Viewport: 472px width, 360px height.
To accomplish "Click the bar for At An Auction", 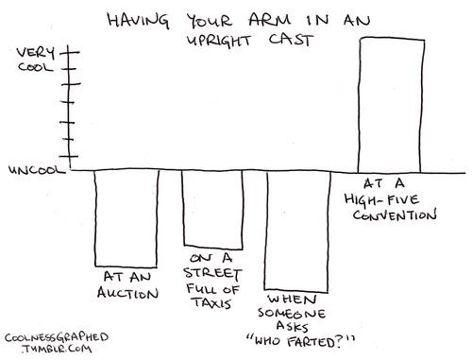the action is [126, 218].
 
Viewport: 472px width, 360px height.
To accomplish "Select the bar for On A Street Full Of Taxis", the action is [213, 210].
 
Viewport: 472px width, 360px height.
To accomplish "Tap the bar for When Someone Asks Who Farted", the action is [297, 231].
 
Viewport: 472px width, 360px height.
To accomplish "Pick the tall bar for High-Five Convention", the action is [391, 105].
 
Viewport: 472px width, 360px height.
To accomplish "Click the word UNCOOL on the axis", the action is [37, 170].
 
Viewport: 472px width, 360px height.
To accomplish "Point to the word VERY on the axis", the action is [36, 53].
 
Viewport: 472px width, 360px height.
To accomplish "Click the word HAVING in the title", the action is [138, 21].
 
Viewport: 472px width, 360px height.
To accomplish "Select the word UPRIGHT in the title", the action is [219, 41].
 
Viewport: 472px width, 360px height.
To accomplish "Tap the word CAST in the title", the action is [291, 40].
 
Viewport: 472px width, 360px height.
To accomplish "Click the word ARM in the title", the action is [269, 20].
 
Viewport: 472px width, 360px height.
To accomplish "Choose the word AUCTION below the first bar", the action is [127, 293].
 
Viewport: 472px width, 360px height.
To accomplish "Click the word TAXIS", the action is [212, 303].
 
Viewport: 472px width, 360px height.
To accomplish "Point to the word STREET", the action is [212, 273].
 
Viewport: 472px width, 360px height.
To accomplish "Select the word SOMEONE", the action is [292, 313].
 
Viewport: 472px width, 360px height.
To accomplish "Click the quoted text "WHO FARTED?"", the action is [301, 342].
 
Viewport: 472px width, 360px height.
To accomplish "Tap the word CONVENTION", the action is [395, 215].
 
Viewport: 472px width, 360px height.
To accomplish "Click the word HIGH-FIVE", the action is [381, 199].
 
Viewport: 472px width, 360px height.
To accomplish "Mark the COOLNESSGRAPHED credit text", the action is [57, 337].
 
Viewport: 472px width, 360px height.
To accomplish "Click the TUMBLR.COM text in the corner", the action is [57, 349].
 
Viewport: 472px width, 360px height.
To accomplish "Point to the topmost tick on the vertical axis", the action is [70, 52].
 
